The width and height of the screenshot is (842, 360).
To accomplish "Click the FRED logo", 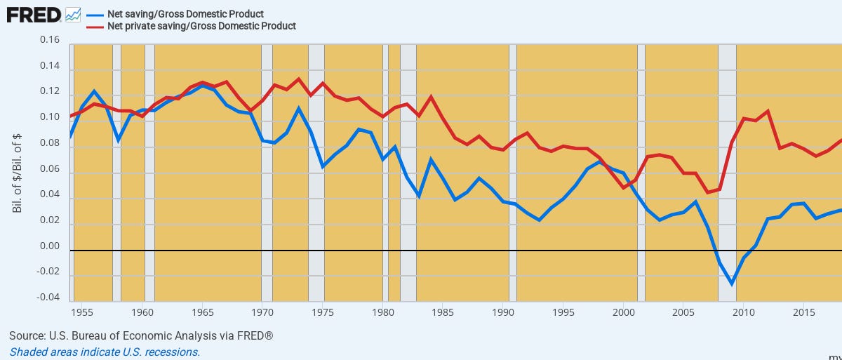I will [x=33, y=15].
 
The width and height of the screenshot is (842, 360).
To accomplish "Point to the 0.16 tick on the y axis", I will [x=50, y=40].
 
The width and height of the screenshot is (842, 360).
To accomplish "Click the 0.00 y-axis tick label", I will [x=50, y=247].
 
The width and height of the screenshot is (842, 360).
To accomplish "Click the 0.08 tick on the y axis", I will [x=50, y=144].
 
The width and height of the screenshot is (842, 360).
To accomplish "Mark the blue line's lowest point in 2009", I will [x=732, y=284].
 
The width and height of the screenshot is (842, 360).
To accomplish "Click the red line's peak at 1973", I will [x=299, y=79].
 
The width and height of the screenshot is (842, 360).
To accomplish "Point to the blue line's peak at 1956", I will [x=95, y=91].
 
